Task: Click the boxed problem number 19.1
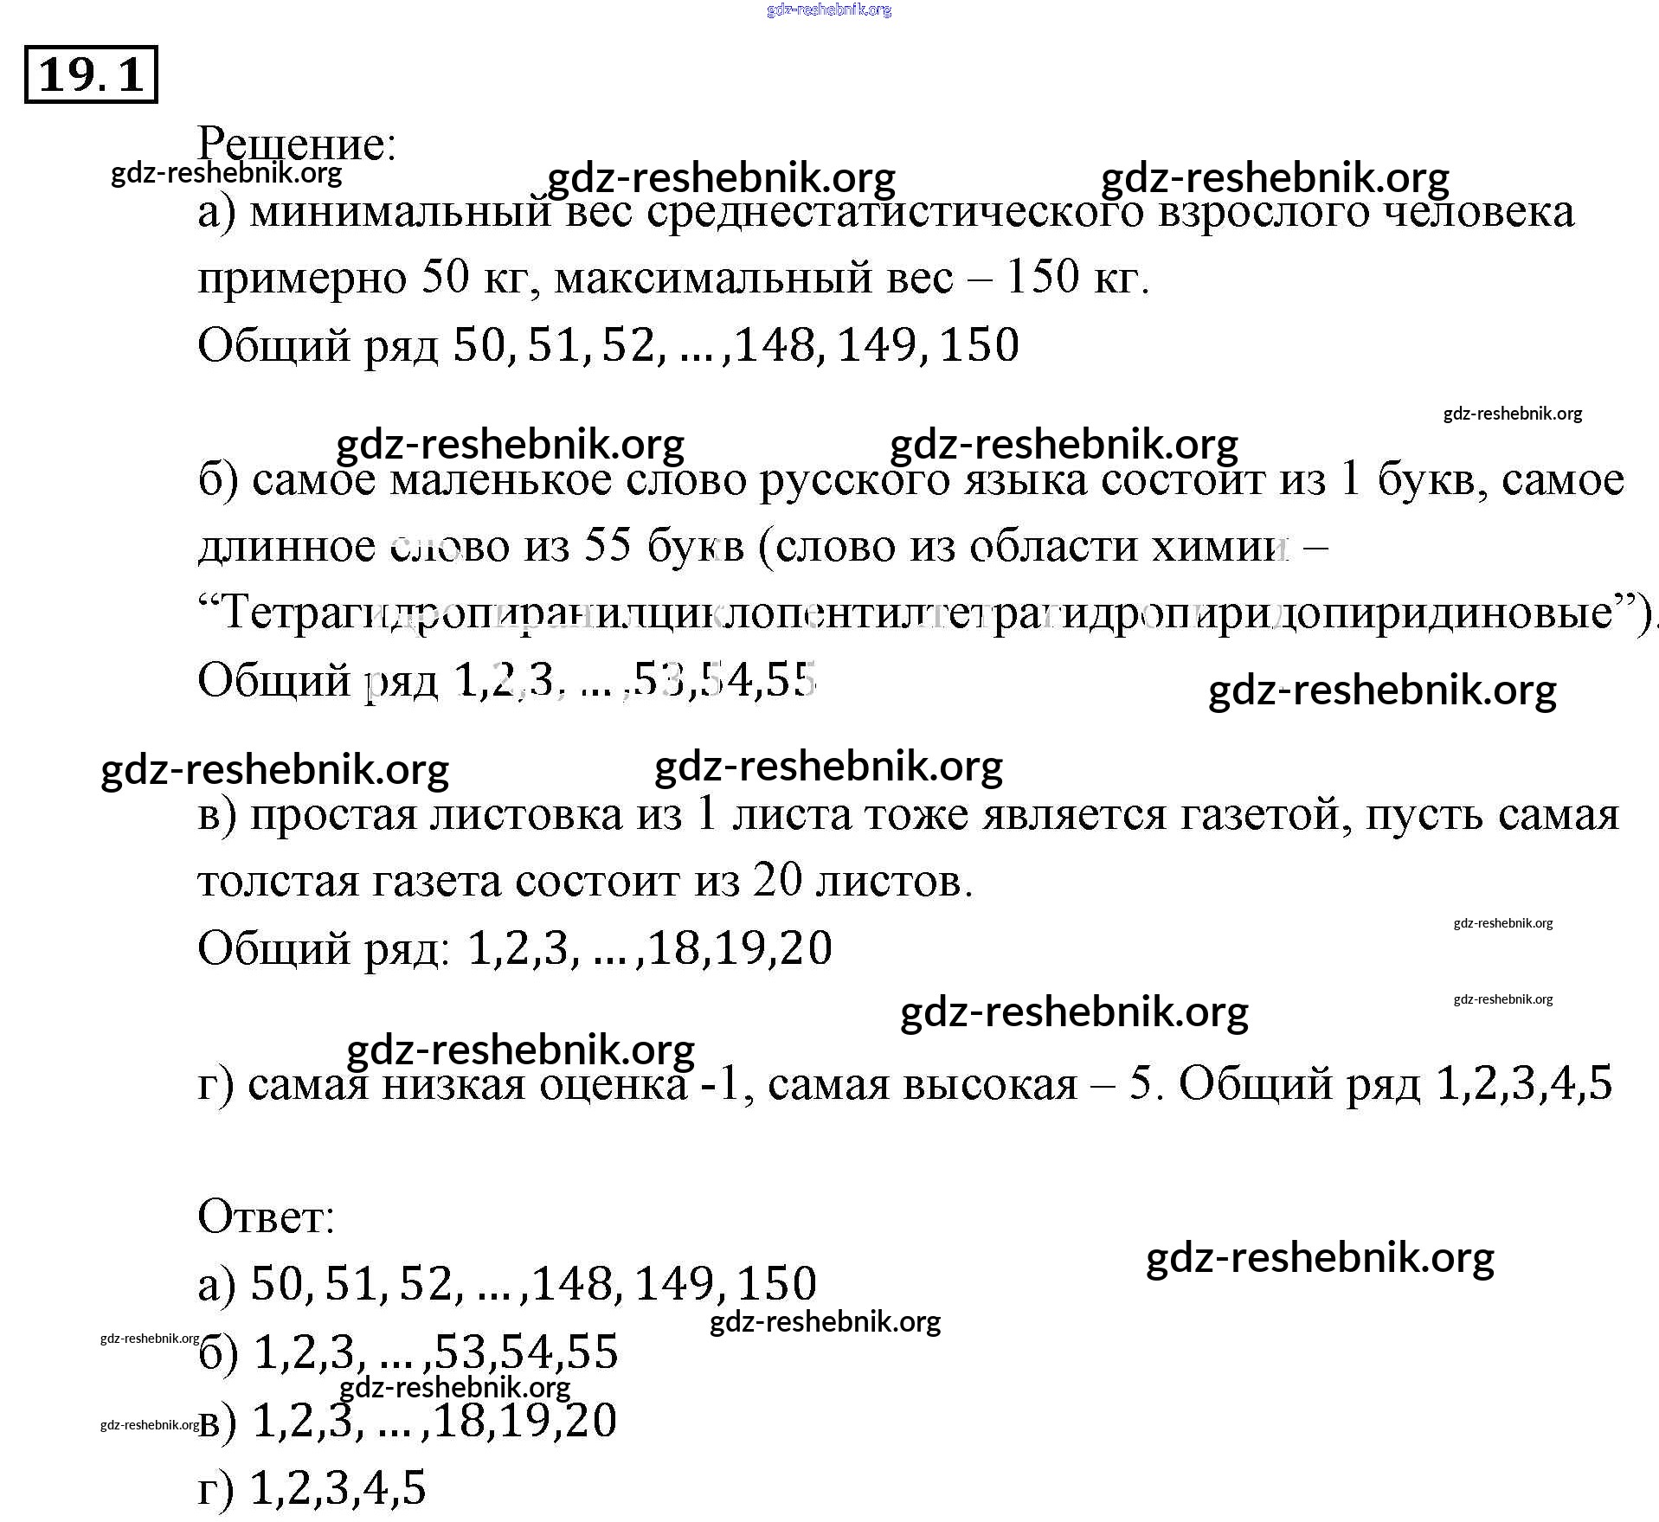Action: [x=91, y=74]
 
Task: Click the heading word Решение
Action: [x=296, y=144]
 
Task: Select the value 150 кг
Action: [x=1076, y=278]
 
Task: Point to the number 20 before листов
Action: [x=778, y=881]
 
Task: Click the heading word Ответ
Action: [x=266, y=1217]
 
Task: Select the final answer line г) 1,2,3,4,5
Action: [x=312, y=1488]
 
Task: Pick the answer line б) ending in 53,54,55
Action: [x=408, y=1352]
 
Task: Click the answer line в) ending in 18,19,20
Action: [x=408, y=1421]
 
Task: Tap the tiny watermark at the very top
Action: [x=828, y=10]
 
